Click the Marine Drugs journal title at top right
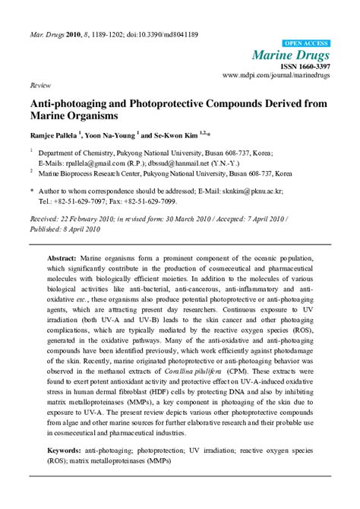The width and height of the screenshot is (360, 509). pyautogui.click(x=290, y=55)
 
